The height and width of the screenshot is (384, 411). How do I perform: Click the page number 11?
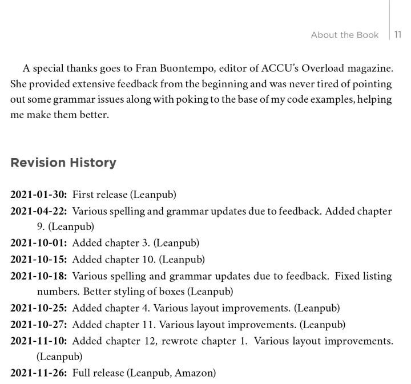pyautogui.click(x=398, y=35)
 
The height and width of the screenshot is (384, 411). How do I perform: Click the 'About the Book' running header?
pyautogui.click(x=344, y=35)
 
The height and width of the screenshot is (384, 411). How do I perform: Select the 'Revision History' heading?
pyautogui.click(x=63, y=163)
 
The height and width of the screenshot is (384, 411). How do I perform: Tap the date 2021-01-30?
pyautogui.click(x=38, y=195)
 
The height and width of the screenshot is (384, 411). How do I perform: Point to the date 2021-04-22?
pyautogui.click(x=38, y=211)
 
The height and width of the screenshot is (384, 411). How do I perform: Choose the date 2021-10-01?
pyautogui.click(x=38, y=243)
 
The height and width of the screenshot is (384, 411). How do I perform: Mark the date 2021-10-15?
pyautogui.click(x=38, y=260)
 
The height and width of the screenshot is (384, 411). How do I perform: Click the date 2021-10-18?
pyautogui.click(x=38, y=276)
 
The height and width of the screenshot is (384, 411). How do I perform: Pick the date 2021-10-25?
pyautogui.click(x=38, y=308)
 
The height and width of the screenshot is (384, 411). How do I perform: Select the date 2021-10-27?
pyautogui.click(x=38, y=325)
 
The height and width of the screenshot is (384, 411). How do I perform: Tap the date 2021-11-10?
pyautogui.click(x=38, y=341)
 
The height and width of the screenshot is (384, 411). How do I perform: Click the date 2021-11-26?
pyautogui.click(x=38, y=373)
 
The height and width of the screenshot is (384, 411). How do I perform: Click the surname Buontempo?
pyautogui.click(x=189, y=68)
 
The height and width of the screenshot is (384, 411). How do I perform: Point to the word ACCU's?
pyautogui.click(x=280, y=68)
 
